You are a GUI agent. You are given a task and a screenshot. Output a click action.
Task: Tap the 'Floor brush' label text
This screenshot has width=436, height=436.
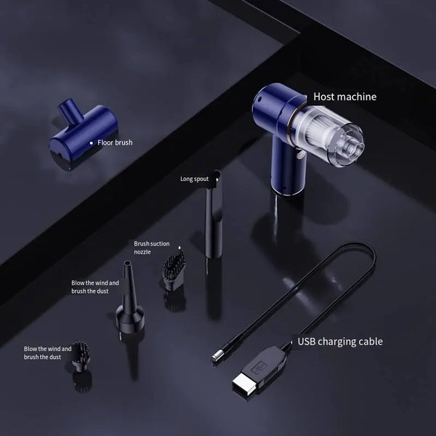115,142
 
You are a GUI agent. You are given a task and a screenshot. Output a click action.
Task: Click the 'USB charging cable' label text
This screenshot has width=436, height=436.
339,341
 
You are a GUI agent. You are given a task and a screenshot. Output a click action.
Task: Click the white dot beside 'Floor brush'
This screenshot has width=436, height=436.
91,143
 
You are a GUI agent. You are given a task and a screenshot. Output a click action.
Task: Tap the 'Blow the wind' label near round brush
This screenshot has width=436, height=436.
47,353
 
